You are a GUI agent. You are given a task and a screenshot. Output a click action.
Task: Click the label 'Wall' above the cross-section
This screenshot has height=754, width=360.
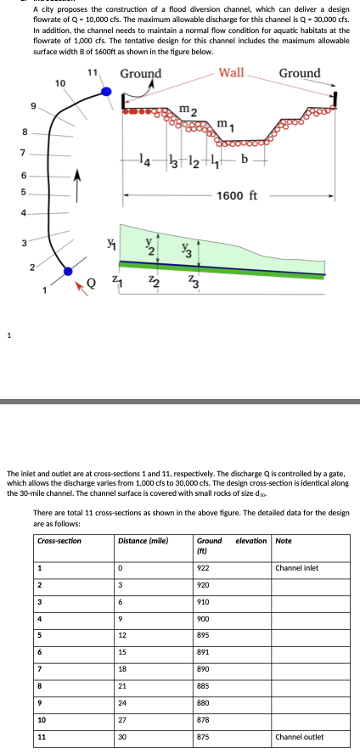(x=231, y=73)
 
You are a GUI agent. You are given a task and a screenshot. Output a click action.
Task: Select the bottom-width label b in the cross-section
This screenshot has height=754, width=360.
(x=245, y=159)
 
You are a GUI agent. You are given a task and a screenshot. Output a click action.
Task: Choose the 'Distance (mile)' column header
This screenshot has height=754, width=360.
(x=143, y=541)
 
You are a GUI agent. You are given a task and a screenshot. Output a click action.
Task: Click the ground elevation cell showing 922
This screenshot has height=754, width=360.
(x=203, y=568)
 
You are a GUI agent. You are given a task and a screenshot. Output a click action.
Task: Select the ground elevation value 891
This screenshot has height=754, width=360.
(x=203, y=651)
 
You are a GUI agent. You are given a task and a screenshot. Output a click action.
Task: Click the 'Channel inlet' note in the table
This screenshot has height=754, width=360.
(x=296, y=568)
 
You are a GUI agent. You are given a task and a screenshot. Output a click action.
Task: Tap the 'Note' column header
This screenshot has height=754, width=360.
(x=284, y=541)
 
